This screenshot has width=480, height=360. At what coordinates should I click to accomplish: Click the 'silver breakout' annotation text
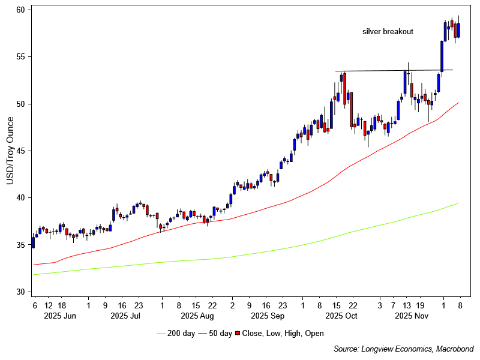coord(388,32)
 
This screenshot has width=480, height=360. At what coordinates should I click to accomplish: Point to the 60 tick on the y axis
coord(20,10)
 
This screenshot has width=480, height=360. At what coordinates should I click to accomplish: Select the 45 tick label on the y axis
coord(20,151)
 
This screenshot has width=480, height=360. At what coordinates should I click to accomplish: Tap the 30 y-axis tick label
coord(20,292)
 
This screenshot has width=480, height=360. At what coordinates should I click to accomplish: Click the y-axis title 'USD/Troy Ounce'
coord(10,151)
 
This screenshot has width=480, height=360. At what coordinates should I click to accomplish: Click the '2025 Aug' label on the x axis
coord(197,315)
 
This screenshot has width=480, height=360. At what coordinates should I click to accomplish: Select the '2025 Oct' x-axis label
coord(341,315)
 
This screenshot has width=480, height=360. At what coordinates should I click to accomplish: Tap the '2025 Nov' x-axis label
coord(411,315)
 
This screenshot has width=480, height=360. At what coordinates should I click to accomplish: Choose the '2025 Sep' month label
coord(268,315)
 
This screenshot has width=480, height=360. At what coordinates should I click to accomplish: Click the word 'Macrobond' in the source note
coord(453,349)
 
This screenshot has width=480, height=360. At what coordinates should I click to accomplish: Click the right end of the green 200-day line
coord(458,203)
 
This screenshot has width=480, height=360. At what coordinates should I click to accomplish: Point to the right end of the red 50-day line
coord(458,103)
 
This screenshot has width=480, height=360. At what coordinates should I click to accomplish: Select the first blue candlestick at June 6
coord(33,242)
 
